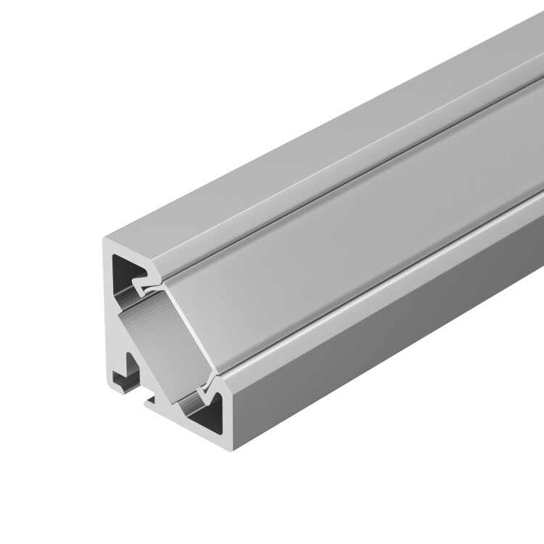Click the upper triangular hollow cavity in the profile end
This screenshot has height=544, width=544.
pyautogui.click(x=125, y=272)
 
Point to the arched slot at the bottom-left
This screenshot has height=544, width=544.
pyautogui.click(x=129, y=366)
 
